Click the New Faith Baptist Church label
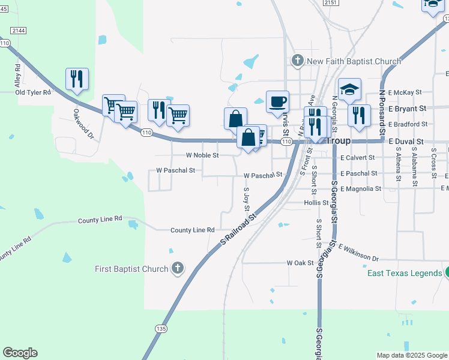354,61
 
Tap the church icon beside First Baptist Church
178,268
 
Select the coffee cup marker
277,102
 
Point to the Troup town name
341,140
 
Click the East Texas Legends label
405,274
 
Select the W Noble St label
202,155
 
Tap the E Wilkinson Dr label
358,252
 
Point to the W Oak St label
300,263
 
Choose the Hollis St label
316,203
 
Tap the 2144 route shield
19,30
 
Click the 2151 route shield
330,3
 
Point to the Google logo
20,353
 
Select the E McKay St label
405,93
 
